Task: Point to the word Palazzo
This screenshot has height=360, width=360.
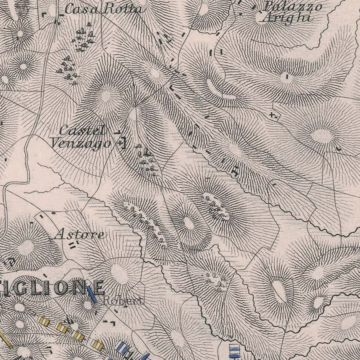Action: click(293, 6)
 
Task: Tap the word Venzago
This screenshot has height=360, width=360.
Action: click(80, 143)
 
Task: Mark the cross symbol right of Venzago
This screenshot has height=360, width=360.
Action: click(120, 143)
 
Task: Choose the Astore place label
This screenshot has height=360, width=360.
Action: click(79, 234)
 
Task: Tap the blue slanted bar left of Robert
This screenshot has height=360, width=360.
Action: click(93, 295)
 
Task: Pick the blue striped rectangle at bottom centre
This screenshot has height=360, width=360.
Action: click(235, 350)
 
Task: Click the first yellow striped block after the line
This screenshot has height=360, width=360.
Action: click(44, 321)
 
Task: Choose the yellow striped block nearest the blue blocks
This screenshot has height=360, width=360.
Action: click(98, 344)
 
